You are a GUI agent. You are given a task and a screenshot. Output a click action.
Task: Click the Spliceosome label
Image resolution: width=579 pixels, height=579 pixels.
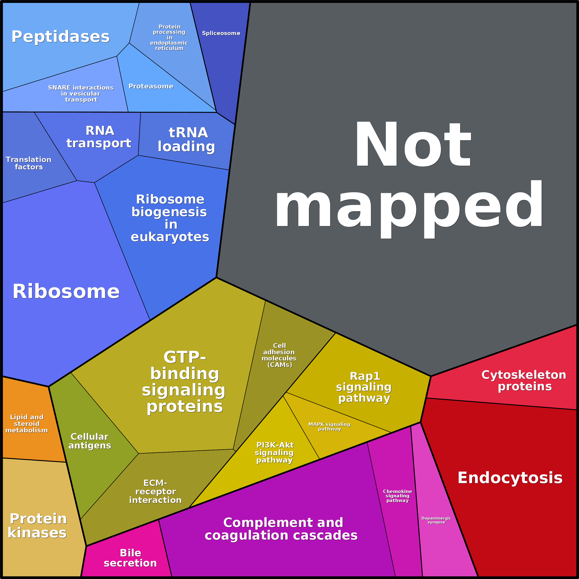coord(221,33)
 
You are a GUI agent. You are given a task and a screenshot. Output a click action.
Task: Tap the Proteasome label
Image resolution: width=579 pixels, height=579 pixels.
coord(151,86)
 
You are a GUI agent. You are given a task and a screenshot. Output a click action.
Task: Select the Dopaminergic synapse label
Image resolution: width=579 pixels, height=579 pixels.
coord(436,520)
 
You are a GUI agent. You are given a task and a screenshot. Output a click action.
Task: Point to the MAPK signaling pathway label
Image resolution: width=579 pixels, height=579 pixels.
coord(329,426)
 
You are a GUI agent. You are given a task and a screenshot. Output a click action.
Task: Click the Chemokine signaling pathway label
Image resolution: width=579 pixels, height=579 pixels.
coord(397,496)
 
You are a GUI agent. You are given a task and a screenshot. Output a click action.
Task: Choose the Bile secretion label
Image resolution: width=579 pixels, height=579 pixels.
coord(130,558)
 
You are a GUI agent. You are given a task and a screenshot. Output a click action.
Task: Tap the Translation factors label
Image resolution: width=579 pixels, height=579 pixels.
coord(29,163)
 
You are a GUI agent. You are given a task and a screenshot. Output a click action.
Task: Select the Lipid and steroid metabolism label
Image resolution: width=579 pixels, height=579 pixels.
coord(27,423)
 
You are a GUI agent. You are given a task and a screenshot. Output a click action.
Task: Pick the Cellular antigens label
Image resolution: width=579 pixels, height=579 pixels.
coord(90,441)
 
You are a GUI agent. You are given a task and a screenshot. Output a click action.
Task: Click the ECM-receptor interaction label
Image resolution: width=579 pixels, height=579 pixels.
coord(155,491)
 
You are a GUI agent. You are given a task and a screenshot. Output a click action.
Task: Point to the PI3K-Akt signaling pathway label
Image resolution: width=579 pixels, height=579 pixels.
coord(275,452)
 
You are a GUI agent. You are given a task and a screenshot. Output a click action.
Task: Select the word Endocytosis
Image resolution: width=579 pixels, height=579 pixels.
coord(510,478)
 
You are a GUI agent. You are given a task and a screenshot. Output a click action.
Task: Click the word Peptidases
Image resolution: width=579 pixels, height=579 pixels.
coord(61,37)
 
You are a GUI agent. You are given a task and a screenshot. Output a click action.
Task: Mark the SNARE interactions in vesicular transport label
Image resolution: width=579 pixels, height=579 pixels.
coord(81,94)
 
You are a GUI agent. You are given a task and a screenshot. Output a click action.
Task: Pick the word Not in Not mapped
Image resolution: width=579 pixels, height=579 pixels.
coord(413,145)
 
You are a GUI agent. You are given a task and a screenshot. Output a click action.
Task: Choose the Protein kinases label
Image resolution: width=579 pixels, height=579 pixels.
coord(38,526)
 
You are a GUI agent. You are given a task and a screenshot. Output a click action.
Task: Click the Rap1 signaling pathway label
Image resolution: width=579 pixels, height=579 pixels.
coord(364,387)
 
